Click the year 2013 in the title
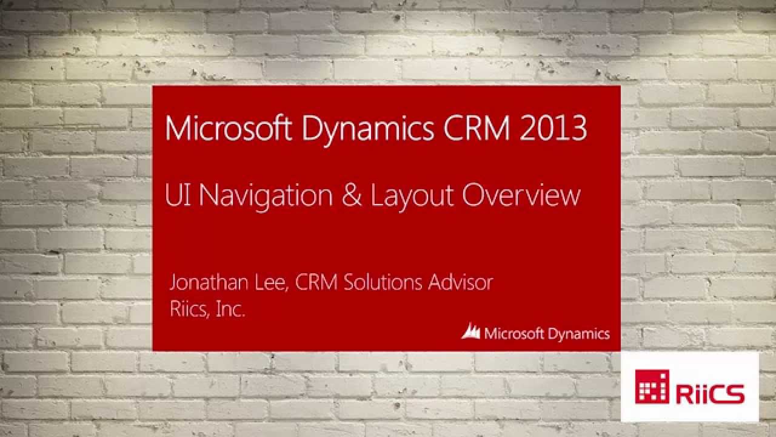point(554,129)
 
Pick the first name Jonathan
point(207,282)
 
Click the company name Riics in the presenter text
point(189,310)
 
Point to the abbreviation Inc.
point(231,310)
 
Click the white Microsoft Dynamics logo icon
point(471,331)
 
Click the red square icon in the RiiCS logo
point(652,387)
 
